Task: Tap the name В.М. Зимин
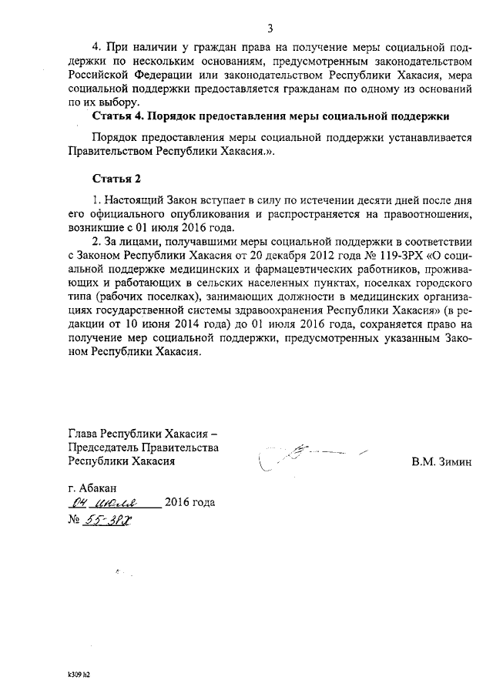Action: pyautogui.click(x=441, y=461)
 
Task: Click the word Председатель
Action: pyautogui.click(x=105, y=447)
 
